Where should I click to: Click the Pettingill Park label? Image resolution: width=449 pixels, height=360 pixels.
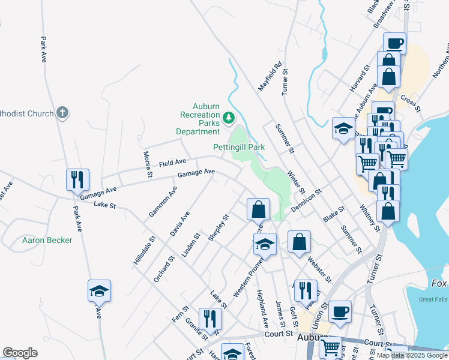coord(239,147)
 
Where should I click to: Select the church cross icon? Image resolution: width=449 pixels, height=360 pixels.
coord(62,112)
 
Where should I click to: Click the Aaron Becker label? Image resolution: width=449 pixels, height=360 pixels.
coord(47,241)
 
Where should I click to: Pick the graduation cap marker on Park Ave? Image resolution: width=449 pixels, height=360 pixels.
coord(100,290)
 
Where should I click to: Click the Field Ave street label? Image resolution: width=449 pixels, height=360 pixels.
coord(172,163)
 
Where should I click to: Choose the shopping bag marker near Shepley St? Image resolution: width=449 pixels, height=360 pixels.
coord(258,209)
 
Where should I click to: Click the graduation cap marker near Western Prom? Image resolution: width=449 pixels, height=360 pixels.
coord(265,244)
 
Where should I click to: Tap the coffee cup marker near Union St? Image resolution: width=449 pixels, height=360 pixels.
coord(340,311)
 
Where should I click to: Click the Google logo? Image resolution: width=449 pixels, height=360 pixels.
coord(20,353)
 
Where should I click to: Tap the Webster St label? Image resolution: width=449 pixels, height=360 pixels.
coord(319,269)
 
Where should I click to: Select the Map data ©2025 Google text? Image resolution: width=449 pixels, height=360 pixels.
coord(412,355)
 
